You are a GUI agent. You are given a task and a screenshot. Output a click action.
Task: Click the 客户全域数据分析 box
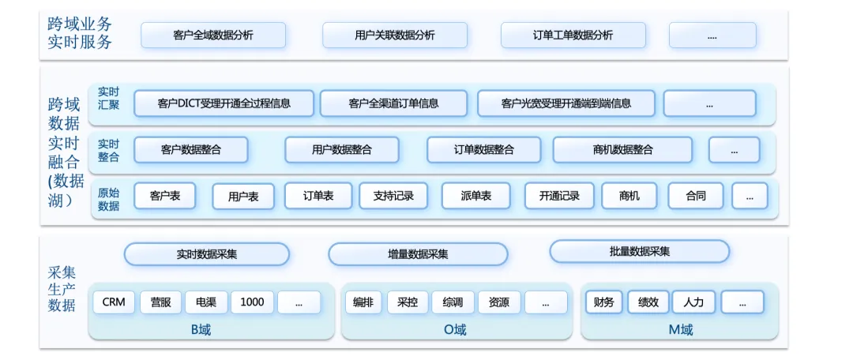point(213,36)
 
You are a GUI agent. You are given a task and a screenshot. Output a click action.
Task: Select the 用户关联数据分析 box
point(395,36)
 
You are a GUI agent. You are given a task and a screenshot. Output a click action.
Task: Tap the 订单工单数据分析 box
point(573,36)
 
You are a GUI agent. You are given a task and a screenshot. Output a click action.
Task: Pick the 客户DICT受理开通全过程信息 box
point(224,103)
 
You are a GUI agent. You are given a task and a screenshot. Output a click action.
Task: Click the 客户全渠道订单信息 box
point(393,103)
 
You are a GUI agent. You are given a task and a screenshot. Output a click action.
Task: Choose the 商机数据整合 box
point(623,149)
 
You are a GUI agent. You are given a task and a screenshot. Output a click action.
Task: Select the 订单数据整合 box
point(483,149)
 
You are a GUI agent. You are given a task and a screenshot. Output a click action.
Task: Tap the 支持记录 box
point(393,196)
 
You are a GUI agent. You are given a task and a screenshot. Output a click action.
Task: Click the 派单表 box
point(476,196)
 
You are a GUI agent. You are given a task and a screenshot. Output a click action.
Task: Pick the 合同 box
point(696,196)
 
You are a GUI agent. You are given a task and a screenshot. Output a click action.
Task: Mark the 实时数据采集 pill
point(207,254)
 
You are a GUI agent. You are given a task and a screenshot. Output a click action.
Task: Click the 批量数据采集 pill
point(640,251)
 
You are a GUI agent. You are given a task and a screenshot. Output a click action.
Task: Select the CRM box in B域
point(114,302)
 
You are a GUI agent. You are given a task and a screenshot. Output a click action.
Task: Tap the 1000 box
point(253,302)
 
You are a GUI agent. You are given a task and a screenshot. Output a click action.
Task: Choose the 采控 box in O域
point(408,302)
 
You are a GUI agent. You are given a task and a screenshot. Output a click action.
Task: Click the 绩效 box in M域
point(648,302)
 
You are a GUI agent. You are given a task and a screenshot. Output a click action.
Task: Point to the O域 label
point(455,329)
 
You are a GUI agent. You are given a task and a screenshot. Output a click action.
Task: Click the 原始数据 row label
point(108,199)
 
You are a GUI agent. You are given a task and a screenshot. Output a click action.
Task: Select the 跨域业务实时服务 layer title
point(80,32)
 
